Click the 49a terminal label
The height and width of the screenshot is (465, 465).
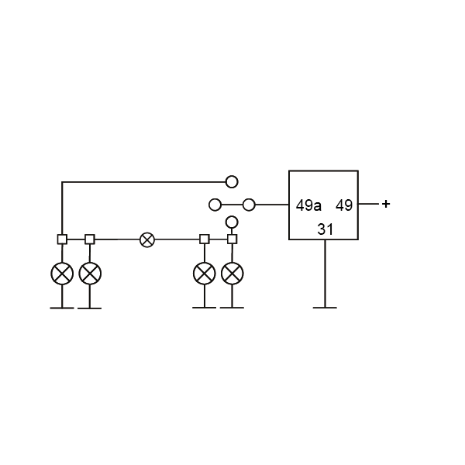(x=308, y=205)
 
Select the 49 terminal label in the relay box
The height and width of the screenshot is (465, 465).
(x=344, y=205)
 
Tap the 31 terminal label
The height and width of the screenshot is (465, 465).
(x=325, y=229)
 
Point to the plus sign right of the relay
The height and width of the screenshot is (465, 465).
(x=386, y=204)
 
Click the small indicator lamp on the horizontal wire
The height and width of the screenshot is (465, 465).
(x=147, y=239)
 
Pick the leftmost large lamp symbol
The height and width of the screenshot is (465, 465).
(x=62, y=274)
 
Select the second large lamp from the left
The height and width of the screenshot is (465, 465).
(x=90, y=274)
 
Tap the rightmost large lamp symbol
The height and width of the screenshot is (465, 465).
(x=232, y=274)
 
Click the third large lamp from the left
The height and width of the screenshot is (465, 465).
(x=205, y=274)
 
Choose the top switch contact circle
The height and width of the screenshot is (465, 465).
(x=232, y=181)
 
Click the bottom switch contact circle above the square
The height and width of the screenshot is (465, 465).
(x=232, y=222)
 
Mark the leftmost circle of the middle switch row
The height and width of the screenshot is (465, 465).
(x=215, y=205)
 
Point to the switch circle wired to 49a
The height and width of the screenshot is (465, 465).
(x=249, y=205)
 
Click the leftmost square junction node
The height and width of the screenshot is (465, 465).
(x=62, y=239)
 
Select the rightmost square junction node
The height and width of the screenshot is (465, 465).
(x=232, y=239)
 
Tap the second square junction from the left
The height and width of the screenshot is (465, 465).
(x=90, y=239)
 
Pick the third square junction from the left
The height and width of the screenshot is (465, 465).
(x=205, y=239)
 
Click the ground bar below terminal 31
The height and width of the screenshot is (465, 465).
(x=325, y=308)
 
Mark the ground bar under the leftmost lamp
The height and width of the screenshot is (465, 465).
(x=62, y=308)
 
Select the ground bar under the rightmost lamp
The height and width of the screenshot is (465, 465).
(x=232, y=308)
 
